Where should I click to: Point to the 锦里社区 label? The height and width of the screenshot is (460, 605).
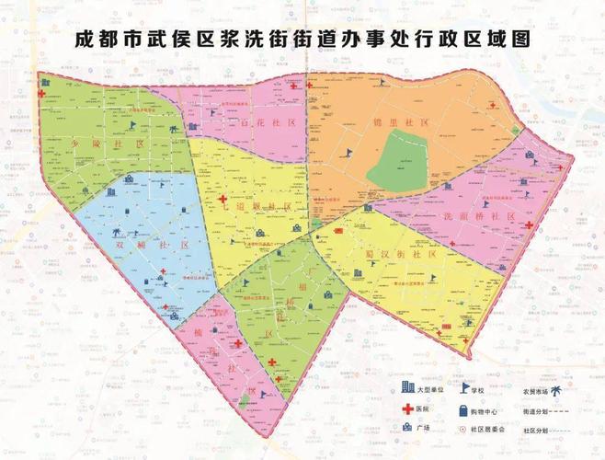(x=384, y=122)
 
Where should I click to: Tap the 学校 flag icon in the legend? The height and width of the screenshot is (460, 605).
(x=465, y=391)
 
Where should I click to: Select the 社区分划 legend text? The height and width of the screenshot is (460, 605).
(x=536, y=430)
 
